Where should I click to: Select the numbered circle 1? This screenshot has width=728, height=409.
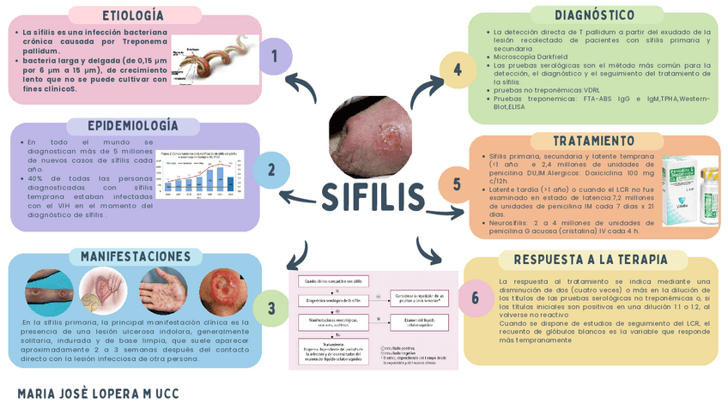(x=275, y=57)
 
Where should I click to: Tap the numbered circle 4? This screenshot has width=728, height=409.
(x=458, y=69)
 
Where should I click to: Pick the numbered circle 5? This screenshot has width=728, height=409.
(x=457, y=184)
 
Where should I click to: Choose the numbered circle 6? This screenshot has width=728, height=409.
(x=475, y=298)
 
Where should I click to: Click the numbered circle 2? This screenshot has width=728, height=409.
(x=271, y=170)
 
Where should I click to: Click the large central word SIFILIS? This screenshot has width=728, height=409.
(x=373, y=196)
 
